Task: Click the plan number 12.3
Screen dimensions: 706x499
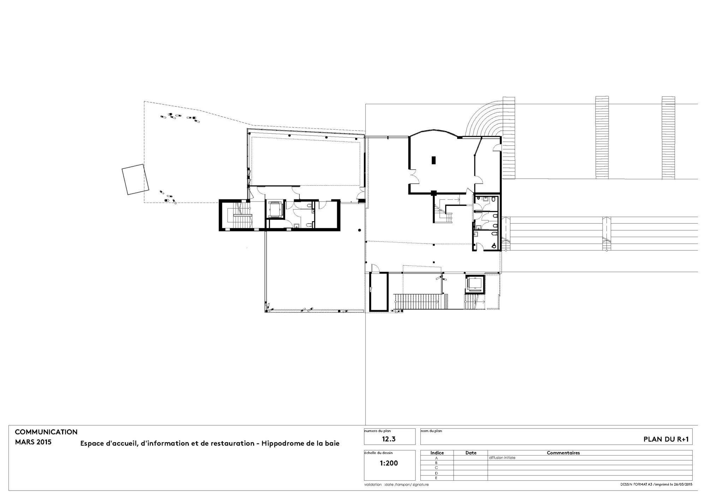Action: (389, 439)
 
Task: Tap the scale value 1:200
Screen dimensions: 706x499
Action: (389, 463)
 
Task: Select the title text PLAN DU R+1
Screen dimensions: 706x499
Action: (666, 440)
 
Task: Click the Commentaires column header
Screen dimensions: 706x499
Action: (563, 453)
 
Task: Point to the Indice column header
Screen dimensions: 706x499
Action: (437, 453)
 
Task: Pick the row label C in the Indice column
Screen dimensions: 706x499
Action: (437, 468)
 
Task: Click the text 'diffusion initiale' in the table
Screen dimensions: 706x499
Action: (502, 458)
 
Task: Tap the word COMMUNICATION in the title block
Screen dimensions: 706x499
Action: (46, 432)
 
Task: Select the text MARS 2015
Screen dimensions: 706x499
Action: (33, 442)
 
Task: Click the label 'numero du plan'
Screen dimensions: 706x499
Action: (377, 431)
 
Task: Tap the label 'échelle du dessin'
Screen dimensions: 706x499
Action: (378, 453)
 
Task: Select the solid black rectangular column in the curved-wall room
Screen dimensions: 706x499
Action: (434, 160)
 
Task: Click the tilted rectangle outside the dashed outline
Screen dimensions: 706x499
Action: (135, 179)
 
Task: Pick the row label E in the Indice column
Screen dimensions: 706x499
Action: (437, 478)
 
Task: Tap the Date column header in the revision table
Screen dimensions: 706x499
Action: (471, 453)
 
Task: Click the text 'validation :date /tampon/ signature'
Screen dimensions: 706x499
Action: (396, 485)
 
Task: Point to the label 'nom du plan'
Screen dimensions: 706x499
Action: (431, 431)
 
